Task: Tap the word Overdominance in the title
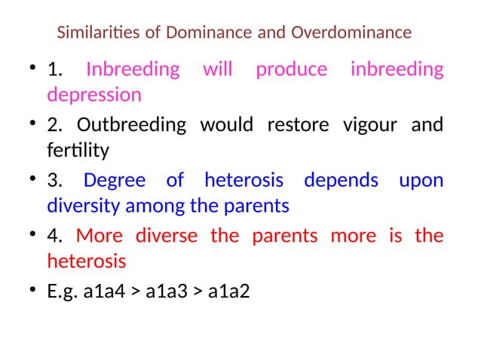coord(351,33)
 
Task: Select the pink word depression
coord(93,96)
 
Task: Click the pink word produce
coord(291,70)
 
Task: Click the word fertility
coord(78,151)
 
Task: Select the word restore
coord(293,124)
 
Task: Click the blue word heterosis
coord(244,181)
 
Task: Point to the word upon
coord(421,181)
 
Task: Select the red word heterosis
coord(86,261)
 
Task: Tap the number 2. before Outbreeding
coord(54,124)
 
